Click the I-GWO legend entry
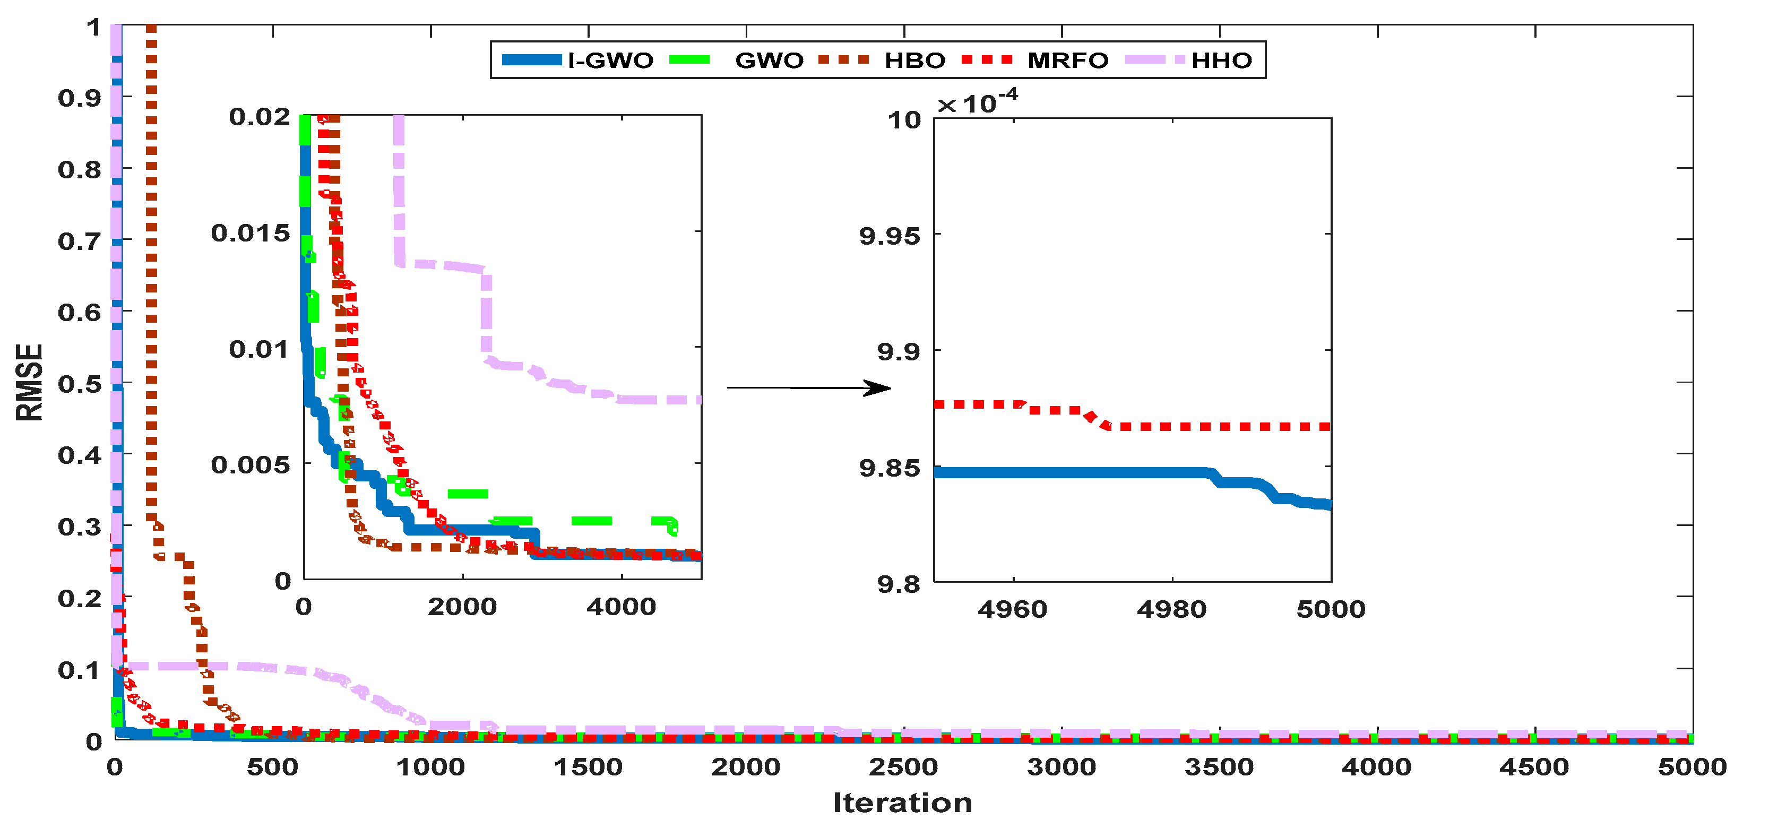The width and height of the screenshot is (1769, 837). [x=610, y=61]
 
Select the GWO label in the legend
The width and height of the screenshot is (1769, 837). [x=769, y=61]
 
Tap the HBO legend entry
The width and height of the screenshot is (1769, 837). [x=914, y=61]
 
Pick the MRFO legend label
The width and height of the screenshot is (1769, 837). [x=1067, y=61]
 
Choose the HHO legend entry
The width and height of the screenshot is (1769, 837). [x=1221, y=61]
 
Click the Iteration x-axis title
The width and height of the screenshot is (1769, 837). [x=902, y=803]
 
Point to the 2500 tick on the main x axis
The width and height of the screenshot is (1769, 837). [x=903, y=767]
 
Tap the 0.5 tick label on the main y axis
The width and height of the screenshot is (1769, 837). [x=79, y=384]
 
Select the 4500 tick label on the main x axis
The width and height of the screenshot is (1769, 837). [x=1534, y=767]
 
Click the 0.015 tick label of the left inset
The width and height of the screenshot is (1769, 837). [x=251, y=234]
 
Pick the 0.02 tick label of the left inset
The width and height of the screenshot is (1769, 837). [x=260, y=117]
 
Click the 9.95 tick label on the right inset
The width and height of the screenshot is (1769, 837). [x=890, y=236]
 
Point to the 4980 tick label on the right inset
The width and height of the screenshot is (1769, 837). [x=1171, y=609]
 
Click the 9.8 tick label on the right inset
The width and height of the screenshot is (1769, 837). [x=898, y=584]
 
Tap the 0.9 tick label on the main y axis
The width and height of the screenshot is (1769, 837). [x=79, y=98]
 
